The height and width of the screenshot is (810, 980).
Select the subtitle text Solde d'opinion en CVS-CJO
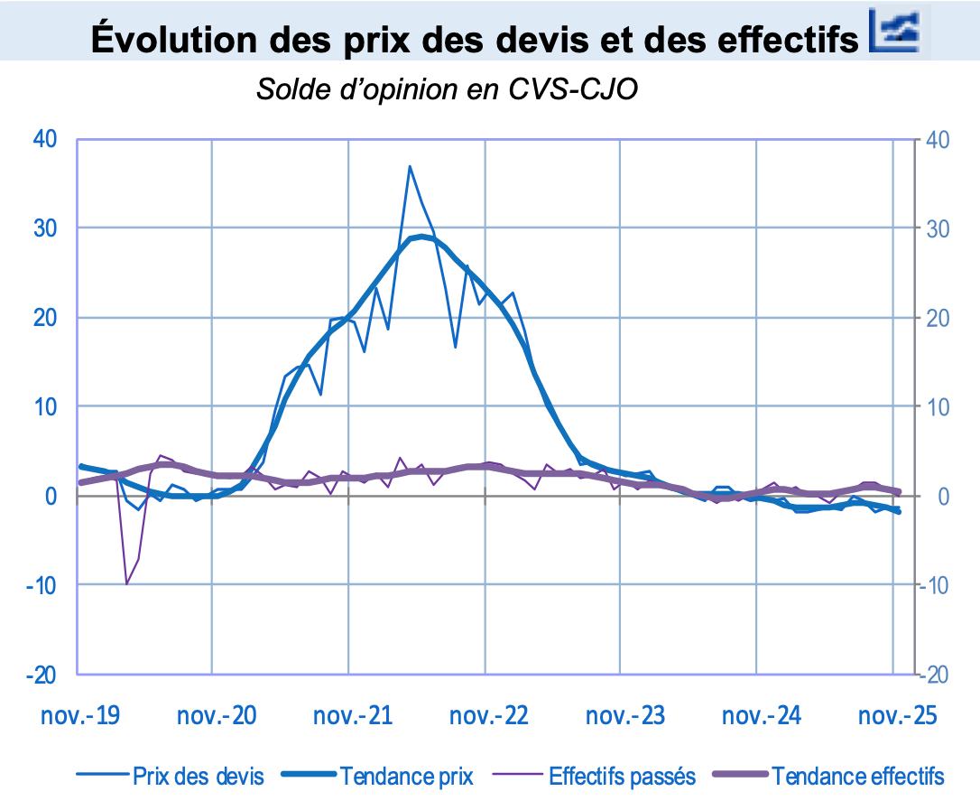pyautogui.click(x=448, y=89)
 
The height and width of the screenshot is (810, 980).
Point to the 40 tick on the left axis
pyautogui.click(x=45, y=139)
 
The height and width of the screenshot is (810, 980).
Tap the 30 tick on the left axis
pyautogui.click(x=45, y=228)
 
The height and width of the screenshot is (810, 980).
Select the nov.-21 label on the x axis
pyautogui.click(x=353, y=716)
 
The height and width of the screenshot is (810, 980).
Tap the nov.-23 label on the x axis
pyautogui.click(x=625, y=716)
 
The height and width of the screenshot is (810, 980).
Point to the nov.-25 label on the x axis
pyautogui.click(x=897, y=716)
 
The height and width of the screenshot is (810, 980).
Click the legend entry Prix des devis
pyautogui.click(x=198, y=776)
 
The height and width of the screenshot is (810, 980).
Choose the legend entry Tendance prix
pyautogui.click(x=406, y=776)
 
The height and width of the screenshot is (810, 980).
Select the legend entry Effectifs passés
pyautogui.click(x=622, y=776)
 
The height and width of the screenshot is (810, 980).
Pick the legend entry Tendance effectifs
pyautogui.click(x=857, y=776)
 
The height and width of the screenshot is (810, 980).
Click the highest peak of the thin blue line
pyautogui.click(x=410, y=166)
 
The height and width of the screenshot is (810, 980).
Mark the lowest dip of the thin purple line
pyautogui.click(x=126, y=584)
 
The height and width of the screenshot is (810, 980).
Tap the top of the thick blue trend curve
pyautogui.click(x=421, y=237)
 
